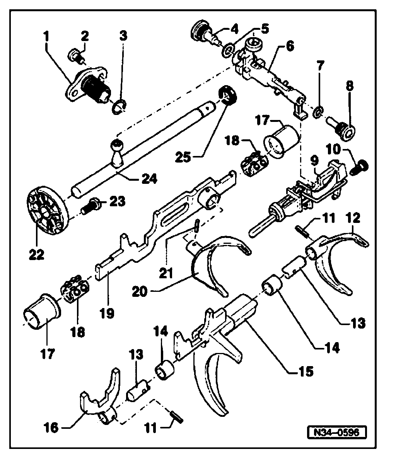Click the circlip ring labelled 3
(x=120, y=106)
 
